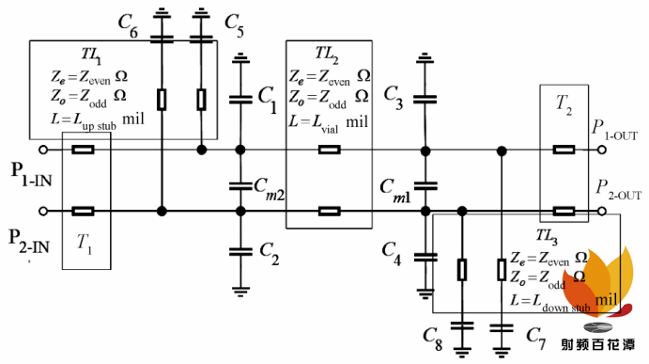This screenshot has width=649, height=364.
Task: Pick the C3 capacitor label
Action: point(394,99)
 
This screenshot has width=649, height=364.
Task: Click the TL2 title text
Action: point(327,55)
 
